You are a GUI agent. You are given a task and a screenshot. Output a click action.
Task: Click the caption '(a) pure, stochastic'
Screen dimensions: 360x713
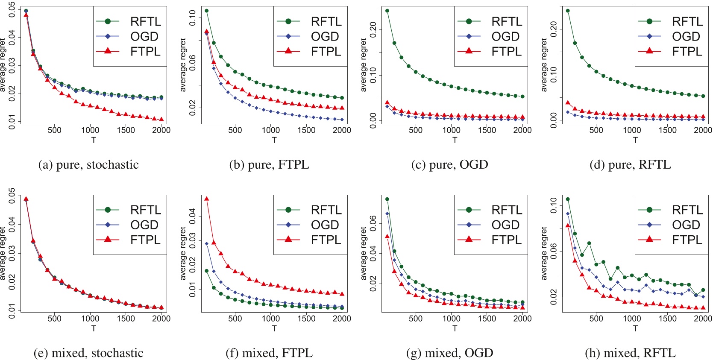88,165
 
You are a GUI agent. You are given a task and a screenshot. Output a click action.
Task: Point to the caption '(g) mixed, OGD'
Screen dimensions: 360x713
449,353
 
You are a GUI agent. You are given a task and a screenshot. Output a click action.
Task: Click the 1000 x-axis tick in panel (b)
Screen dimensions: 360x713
271,130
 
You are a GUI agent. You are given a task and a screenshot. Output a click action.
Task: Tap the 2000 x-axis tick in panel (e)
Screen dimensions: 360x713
161,319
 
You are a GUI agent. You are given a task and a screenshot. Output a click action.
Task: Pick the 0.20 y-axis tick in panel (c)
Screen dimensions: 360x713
373,29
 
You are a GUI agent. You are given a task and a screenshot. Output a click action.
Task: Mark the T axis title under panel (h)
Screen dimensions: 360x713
635,328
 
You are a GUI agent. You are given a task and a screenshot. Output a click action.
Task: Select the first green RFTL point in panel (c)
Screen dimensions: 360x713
387,11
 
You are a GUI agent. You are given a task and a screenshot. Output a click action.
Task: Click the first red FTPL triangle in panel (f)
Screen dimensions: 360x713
207,199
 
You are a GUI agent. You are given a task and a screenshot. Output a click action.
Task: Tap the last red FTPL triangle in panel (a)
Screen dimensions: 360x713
161,120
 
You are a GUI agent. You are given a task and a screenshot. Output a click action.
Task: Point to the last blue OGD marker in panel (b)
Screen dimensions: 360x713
342,120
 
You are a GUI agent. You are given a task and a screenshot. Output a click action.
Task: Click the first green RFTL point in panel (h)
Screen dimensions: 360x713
568,199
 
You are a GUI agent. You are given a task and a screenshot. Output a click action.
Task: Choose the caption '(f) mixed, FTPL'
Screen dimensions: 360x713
269,353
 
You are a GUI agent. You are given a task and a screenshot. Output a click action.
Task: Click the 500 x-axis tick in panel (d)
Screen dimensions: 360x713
596,130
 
